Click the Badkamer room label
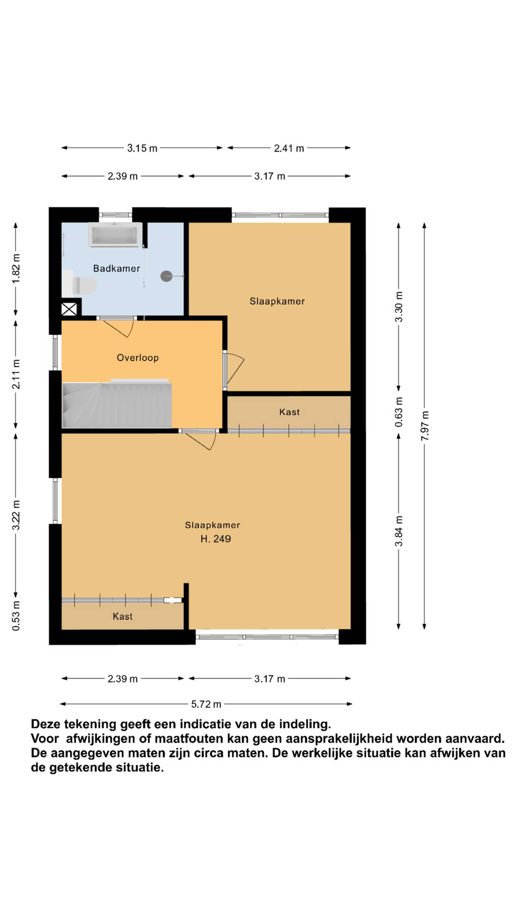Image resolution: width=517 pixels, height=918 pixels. pos(116,268)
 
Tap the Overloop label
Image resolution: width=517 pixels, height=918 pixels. pos(138,358)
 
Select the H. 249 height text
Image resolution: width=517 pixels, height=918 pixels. pos(215,539)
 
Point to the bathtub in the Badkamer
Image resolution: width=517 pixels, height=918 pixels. pos(115,235)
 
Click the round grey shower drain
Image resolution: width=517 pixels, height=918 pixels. pos(166,276)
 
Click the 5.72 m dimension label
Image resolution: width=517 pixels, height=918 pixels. pos(206,704)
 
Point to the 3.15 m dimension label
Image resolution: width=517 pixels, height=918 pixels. pos(142,148)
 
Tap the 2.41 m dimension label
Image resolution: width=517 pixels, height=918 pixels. pos(289,148)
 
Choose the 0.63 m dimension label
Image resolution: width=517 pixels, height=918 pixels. pos(399,412)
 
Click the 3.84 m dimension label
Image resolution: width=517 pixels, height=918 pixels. pos(399,531)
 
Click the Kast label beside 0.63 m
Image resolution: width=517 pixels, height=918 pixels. pos(289,412)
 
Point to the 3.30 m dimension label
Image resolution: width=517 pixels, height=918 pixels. pos(399,306)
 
